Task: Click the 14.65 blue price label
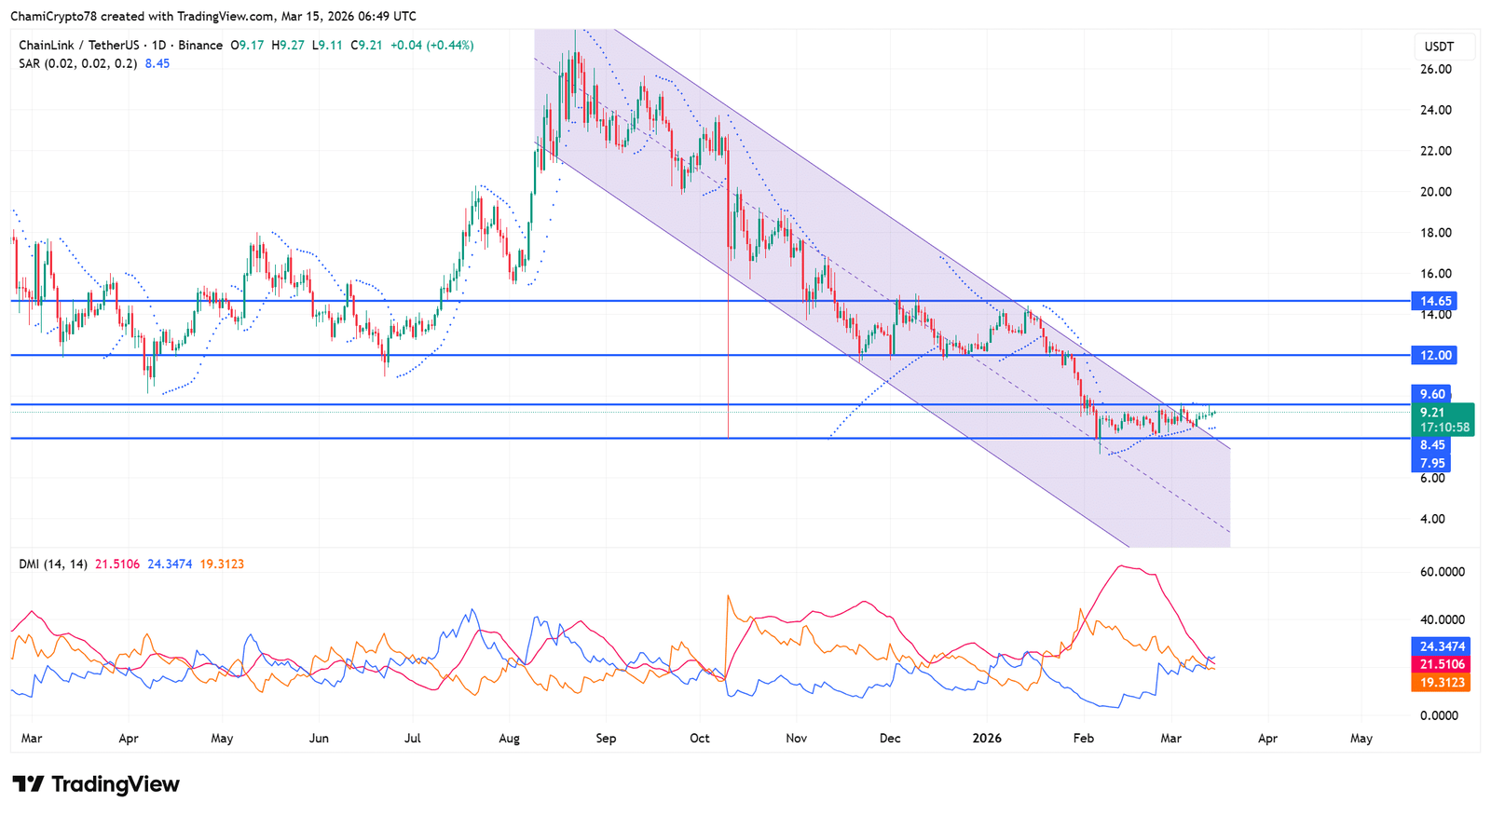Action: [x=1435, y=301]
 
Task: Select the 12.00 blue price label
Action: [x=1435, y=355]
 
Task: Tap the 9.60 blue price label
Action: [x=1432, y=394]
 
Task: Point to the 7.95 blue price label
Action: [x=1432, y=463]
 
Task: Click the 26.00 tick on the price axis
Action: [x=1435, y=69]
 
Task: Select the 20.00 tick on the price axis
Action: [x=1435, y=192]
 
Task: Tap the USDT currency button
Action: [x=1439, y=46]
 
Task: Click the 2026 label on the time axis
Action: [x=987, y=738]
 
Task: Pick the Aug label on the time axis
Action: [x=509, y=738]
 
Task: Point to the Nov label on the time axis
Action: [x=796, y=738]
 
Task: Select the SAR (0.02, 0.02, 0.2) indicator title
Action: [x=78, y=63]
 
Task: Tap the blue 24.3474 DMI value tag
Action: [x=1443, y=646]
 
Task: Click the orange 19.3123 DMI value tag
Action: [x=1443, y=683]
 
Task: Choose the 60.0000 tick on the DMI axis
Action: [x=1442, y=572]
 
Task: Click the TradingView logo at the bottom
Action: [x=96, y=784]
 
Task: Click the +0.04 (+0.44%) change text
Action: [x=431, y=45]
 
